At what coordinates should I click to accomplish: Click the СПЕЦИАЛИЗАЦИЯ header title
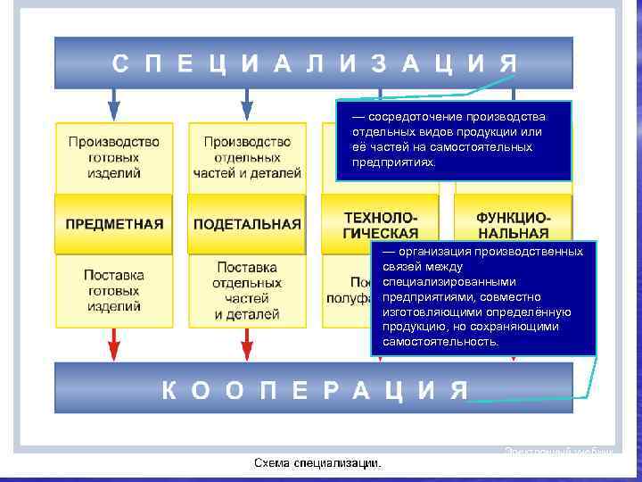point(314,63)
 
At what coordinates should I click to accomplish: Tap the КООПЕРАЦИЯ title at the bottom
point(314,390)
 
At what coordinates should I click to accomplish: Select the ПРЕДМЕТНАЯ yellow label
point(114,224)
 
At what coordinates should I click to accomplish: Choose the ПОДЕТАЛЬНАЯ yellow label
point(247,224)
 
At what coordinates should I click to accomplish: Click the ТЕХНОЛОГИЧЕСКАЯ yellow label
point(380,224)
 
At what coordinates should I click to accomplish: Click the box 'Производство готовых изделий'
point(114,157)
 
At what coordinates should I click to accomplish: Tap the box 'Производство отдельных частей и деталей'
point(247,157)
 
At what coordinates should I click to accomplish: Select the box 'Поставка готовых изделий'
point(114,290)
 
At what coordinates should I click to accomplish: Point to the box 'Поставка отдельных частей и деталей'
point(247,290)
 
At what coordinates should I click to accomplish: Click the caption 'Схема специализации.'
point(317,462)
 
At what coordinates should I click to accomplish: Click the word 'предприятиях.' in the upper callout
point(394,162)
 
